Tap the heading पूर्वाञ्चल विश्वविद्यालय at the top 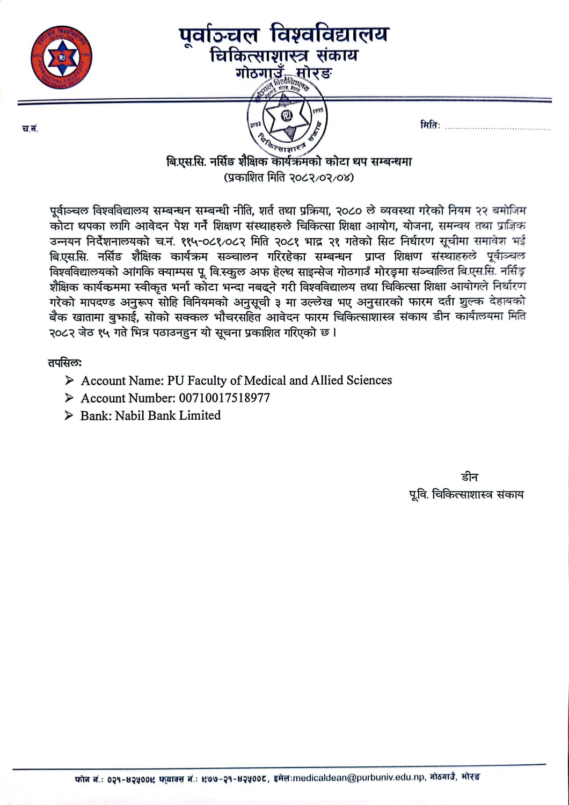point(283,35)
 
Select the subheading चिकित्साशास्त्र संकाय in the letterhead point(284,56)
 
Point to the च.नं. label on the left point(30,128)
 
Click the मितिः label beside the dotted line point(430,125)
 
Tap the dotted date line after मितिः point(498,128)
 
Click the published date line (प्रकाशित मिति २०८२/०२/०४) point(289,177)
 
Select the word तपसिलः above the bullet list point(64,363)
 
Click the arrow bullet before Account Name point(69,380)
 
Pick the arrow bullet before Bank point(69,415)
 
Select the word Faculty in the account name point(207,380)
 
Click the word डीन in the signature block point(469,477)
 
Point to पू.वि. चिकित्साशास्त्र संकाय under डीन point(466,495)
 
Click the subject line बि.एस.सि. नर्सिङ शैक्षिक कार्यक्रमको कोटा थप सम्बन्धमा point(289,162)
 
